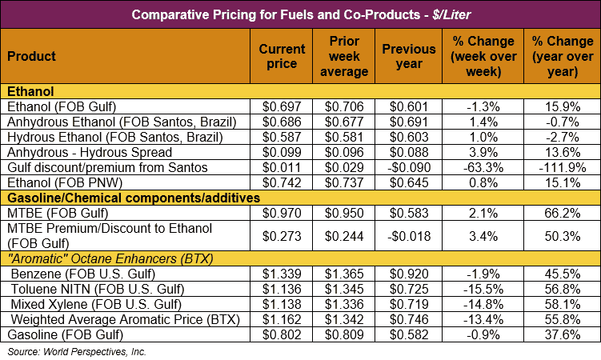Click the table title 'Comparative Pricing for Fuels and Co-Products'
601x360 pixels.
[300, 14]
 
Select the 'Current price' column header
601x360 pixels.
[282, 56]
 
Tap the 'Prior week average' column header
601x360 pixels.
[349, 56]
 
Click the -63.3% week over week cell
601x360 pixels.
[480, 167]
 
